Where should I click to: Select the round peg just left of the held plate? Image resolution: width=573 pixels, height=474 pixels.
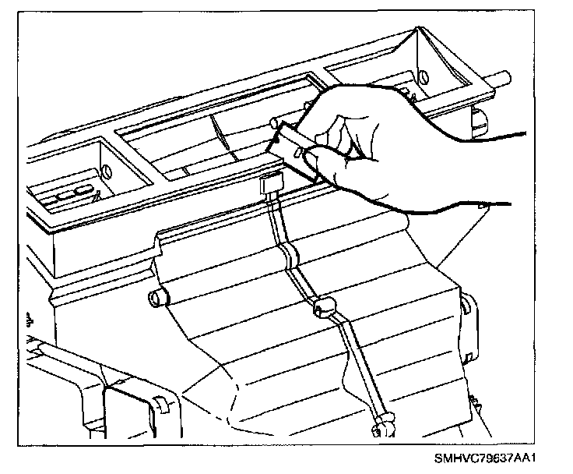point(274,123)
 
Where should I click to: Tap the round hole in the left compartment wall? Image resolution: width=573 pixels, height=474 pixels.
point(107,170)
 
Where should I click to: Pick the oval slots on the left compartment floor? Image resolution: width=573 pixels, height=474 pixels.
point(73,194)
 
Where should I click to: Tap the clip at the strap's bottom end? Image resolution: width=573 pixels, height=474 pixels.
point(381,425)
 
